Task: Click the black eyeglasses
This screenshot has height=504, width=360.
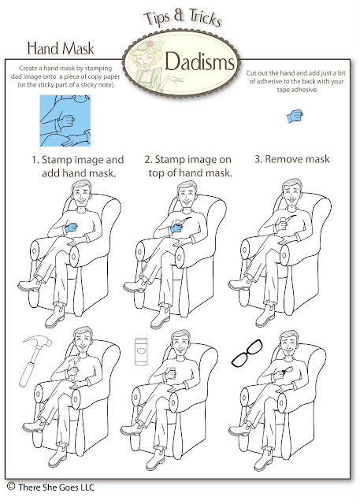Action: (x=247, y=354)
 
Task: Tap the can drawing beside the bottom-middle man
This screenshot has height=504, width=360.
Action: (x=141, y=351)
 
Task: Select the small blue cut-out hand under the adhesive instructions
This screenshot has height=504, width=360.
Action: (x=295, y=116)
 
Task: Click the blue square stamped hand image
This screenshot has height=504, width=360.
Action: (x=65, y=120)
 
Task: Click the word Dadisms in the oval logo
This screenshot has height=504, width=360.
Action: (x=199, y=61)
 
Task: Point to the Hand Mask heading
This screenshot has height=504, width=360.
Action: (x=61, y=48)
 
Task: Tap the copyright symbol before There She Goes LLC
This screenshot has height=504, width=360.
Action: (x=11, y=486)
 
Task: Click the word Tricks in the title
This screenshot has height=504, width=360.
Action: (x=205, y=17)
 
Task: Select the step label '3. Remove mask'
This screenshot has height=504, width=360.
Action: (x=292, y=159)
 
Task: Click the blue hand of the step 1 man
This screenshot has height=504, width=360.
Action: (x=71, y=227)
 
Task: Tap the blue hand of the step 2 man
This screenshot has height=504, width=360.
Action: (x=176, y=228)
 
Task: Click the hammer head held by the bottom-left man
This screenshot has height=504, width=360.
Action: (x=74, y=361)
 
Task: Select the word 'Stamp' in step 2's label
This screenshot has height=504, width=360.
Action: (x=170, y=159)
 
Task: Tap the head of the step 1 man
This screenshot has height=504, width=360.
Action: (x=81, y=194)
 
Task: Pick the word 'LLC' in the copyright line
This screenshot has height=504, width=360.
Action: (x=87, y=487)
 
